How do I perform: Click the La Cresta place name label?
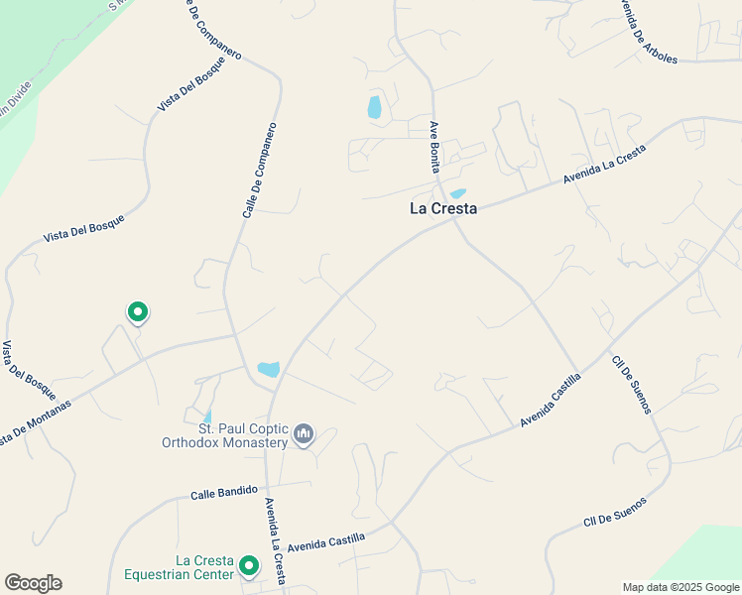(443, 209)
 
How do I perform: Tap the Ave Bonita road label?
(434, 148)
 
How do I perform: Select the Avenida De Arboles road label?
(648, 31)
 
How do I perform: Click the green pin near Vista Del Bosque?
(138, 312)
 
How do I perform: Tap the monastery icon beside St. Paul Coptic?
(304, 434)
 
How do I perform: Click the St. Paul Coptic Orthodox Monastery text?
(224, 435)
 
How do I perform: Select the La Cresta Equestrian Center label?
(179, 567)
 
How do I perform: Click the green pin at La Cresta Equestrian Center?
(248, 566)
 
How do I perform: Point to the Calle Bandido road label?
(224, 491)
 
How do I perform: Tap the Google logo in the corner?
(33, 583)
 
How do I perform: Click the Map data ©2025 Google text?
(680, 587)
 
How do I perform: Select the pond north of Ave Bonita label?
(374, 107)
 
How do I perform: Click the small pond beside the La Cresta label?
(457, 193)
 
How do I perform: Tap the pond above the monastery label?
(268, 369)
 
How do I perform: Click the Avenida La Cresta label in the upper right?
(604, 165)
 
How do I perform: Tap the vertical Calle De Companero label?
(259, 171)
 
